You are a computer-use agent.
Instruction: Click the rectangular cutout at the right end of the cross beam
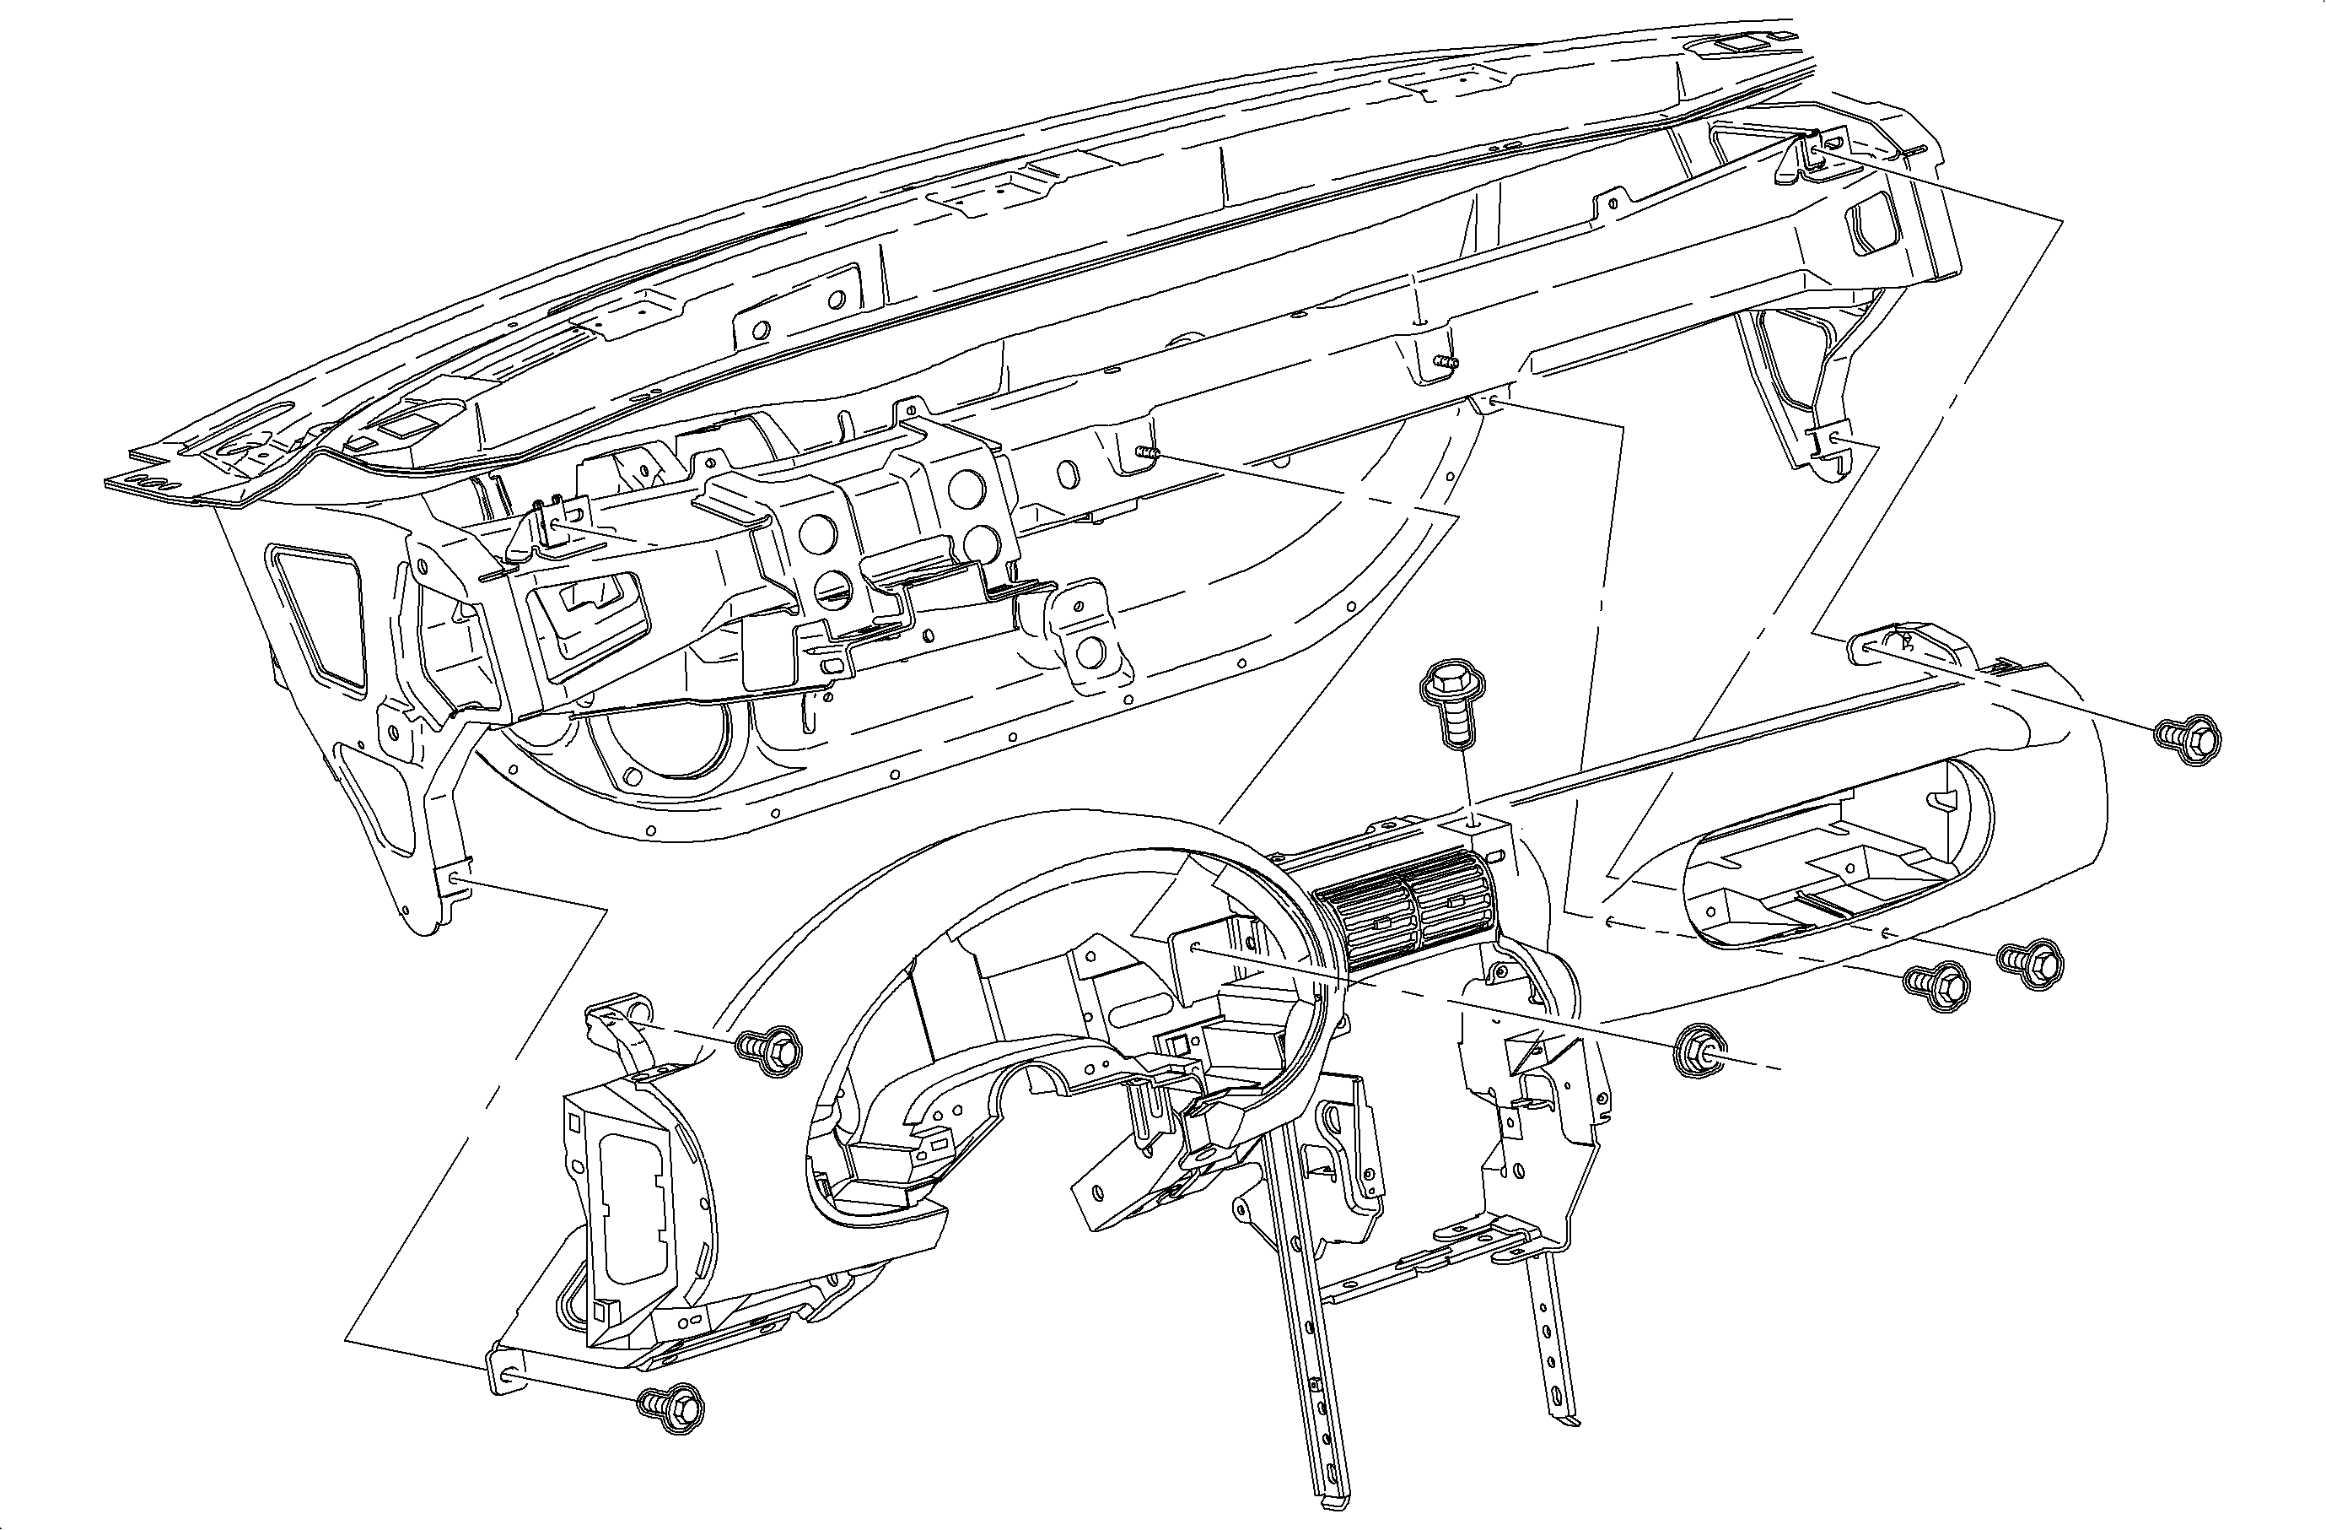(x=1869, y=223)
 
